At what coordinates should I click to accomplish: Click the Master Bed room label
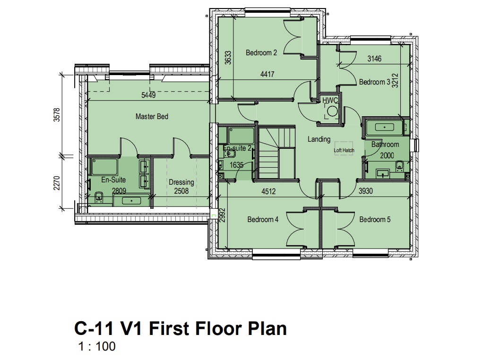coord(152,117)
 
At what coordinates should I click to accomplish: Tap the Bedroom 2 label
coord(261,52)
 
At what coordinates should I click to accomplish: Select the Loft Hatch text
coord(344,150)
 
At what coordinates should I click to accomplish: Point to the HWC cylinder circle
coord(332,111)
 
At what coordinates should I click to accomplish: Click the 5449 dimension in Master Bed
coord(148,95)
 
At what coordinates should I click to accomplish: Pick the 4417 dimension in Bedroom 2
coord(267,74)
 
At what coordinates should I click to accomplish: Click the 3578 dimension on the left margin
coord(57,115)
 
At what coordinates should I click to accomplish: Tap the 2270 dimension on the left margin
coord(57,183)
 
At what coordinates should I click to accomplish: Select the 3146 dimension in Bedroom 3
coord(374,59)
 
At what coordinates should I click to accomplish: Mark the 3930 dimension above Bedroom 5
coord(365,191)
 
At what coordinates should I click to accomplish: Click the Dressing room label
coord(181,182)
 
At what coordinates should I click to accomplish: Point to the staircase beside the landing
coord(276,153)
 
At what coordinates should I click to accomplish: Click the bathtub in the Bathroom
coord(384,127)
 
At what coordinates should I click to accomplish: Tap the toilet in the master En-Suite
coord(99,198)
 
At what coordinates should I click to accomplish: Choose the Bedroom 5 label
coord(375,220)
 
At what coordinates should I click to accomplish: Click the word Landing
coord(319,139)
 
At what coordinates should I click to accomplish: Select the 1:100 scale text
coord(97,346)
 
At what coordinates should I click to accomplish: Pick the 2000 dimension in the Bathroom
coord(387,155)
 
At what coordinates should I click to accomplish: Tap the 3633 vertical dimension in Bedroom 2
coord(228,58)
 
